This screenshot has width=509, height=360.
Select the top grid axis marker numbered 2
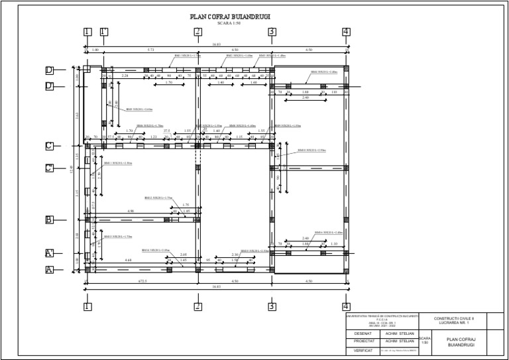tap(198, 32)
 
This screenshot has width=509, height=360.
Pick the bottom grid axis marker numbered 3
tap(272, 306)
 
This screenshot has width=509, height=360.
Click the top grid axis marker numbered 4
tap(346, 32)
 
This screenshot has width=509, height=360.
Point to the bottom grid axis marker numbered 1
tap(87, 306)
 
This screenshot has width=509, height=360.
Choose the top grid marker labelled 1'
tap(104, 32)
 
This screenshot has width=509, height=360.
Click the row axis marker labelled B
tap(49, 219)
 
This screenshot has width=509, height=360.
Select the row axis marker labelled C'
tap(49, 168)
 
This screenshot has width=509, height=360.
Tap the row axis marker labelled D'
tap(49, 86)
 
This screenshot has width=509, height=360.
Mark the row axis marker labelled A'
tap(49, 253)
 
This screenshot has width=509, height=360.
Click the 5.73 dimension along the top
tap(150, 50)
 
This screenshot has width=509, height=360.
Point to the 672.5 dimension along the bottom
tap(142, 281)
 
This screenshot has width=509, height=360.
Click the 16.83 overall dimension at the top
tap(217, 45)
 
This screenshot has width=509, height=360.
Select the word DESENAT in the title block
tap(363, 333)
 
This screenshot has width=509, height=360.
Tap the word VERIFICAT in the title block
tap(363, 350)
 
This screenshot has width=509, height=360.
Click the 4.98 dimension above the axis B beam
tap(131, 211)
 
